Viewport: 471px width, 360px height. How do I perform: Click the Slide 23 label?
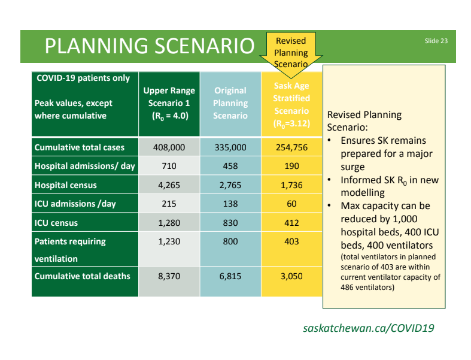[436, 41]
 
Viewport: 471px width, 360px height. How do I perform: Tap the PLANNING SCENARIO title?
[150, 46]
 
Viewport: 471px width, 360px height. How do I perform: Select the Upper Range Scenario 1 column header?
[169, 104]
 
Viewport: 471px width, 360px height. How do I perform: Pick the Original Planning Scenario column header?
[230, 103]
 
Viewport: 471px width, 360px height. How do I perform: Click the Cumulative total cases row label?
[80, 147]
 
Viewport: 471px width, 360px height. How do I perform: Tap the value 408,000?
[169, 147]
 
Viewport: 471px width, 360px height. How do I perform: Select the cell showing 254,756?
[291, 147]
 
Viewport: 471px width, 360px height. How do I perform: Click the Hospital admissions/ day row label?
[85, 166]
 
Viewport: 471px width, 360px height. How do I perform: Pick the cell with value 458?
[230, 166]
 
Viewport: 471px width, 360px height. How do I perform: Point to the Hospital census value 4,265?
[169, 185]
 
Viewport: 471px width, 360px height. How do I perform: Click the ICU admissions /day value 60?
[291, 204]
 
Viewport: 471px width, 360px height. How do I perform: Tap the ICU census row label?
[56, 223]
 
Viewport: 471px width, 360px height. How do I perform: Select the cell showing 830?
[230, 223]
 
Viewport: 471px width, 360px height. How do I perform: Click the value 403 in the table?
[291, 241]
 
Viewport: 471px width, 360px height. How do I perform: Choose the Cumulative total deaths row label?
[83, 276]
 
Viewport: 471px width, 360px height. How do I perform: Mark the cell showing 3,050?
[291, 276]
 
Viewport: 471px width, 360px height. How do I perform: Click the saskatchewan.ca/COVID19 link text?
[369, 328]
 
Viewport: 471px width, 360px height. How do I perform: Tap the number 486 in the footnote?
[347, 288]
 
